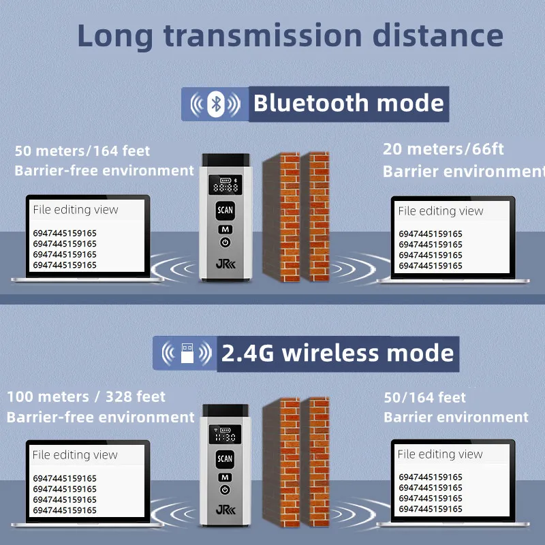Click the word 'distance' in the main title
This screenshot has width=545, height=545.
coord(437,35)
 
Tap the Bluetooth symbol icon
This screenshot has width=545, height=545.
coord(215,104)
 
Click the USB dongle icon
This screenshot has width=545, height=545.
coord(187,353)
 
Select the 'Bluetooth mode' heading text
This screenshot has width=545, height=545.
coord(349,104)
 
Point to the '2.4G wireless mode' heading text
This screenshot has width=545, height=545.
coord(337,353)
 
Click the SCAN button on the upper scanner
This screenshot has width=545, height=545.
coord(225,211)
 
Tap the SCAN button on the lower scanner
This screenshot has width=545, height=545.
coord(225,459)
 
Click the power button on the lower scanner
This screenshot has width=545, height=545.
coord(225,490)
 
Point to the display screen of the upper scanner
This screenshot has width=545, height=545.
coord(225,185)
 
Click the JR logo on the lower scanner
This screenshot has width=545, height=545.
coord(225,510)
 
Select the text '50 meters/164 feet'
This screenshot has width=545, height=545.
coord(82,151)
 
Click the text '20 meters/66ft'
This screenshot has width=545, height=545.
coord(443,149)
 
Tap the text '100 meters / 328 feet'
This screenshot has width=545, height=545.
coord(87,396)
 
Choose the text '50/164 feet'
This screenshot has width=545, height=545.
coord(424,397)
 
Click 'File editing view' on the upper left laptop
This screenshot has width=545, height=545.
coord(76,210)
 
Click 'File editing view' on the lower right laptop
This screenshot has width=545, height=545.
coord(440,454)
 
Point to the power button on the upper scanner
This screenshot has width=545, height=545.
coord(225,243)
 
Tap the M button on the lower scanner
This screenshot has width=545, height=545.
coord(225,478)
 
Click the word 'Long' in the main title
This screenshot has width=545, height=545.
coord(115,36)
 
